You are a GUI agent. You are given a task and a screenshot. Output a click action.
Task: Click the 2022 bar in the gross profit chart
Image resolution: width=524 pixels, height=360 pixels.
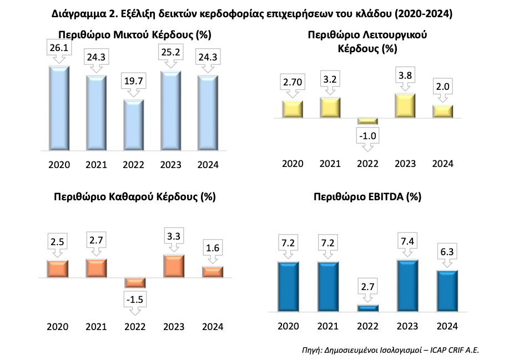(133, 125)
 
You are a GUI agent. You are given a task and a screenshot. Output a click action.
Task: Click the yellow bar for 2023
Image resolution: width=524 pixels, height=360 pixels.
(405, 105)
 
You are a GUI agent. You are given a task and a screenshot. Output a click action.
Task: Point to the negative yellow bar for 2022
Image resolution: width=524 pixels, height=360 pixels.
(367, 120)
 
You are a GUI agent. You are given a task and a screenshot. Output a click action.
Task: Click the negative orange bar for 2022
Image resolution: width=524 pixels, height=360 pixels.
(134, 282)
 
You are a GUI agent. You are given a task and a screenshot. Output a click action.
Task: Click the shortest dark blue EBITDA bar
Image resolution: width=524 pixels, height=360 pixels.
(367, 308)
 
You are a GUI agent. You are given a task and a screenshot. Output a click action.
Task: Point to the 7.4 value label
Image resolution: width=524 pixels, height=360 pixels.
(405, 242)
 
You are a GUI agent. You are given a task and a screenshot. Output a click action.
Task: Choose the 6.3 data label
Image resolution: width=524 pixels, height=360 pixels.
(443, 253)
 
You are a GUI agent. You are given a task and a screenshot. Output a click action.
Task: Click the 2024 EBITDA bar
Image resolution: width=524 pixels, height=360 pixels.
(443, 291)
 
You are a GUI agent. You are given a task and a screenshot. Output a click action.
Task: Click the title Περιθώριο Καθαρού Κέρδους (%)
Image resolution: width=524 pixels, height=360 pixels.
(135, 196)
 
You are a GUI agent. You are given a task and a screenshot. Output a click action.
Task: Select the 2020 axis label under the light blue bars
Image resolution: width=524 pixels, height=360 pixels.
(59, 164)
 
